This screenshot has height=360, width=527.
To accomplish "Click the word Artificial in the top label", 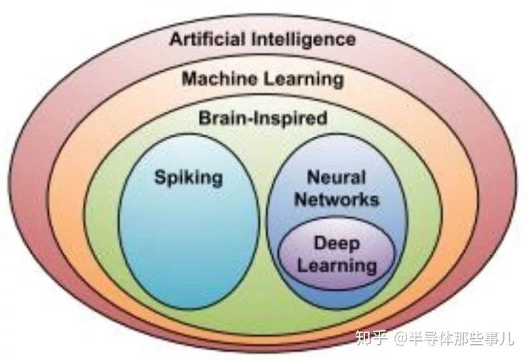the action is tap(207, 39).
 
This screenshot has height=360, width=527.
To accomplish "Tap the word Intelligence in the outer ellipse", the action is tap(304, 40).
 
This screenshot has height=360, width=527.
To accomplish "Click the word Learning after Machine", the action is tap(303, 80).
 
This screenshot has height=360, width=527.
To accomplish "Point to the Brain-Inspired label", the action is tap(263, 119).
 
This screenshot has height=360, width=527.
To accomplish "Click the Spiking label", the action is tap(188, 177).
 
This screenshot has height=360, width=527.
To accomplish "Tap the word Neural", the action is tap(336, 177).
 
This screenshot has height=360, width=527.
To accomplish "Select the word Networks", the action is tap(337, 199).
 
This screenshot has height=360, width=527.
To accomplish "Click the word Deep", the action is tap(337, 243).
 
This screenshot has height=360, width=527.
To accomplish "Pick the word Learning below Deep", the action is tap(337, 266).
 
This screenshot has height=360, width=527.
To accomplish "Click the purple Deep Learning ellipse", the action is tap(337, 254).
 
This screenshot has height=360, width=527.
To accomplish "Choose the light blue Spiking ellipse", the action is tap(189, 222).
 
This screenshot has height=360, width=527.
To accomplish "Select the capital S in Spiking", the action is tap(160, 177).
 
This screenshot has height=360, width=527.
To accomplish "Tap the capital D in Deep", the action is tap(319, 243).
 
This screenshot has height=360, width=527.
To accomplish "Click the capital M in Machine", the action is tap(190, 78).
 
